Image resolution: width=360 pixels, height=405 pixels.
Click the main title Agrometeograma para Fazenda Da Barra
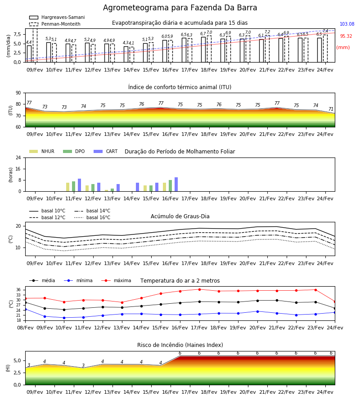180,8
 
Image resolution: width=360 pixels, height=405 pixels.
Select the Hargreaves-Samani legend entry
57,17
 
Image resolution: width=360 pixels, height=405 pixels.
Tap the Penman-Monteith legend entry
55,24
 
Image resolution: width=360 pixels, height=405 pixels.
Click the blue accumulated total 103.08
347,24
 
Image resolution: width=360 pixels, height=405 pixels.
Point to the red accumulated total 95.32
346,36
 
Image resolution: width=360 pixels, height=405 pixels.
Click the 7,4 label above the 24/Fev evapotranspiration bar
325,31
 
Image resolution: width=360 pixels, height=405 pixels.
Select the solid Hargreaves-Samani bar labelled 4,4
29,54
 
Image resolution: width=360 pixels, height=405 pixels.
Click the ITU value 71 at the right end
331,109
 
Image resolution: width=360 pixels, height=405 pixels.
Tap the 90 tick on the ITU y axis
18,93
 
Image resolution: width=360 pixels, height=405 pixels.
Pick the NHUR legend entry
42,151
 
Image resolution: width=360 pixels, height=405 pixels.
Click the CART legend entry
106,151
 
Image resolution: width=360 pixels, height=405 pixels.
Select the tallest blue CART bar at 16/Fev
176,184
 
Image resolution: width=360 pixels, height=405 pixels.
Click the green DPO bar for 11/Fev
74,186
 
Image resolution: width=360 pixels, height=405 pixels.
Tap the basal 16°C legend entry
92,217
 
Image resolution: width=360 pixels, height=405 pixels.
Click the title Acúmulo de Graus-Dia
180,216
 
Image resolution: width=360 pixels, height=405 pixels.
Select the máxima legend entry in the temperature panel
116,280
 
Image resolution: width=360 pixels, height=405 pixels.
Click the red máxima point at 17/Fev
199,289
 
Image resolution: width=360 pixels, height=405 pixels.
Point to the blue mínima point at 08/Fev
26,309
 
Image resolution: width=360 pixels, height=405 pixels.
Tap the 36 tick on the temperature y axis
18,290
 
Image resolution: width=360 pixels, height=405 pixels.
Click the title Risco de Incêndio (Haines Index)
180,345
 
